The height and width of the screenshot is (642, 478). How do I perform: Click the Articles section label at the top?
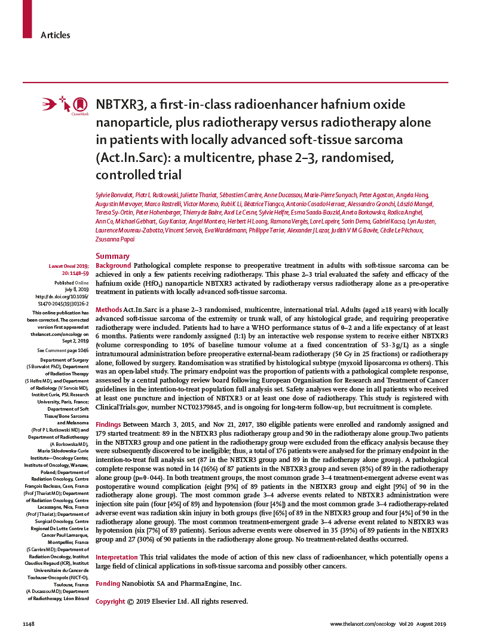(x=55, y=35)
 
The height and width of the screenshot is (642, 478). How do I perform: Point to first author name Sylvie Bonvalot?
(x=118, y=195)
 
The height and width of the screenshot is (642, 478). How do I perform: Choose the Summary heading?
(x=113, y=256)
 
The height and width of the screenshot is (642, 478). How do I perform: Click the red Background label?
(x=113, y=265)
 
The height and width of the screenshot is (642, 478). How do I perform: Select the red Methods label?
(x=109, y=310)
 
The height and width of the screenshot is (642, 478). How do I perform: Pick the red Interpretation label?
(x=119, y=557)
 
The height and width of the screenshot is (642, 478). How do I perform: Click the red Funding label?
(x=108, y=583)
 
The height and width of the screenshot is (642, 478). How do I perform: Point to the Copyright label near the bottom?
(x=111, y=601)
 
